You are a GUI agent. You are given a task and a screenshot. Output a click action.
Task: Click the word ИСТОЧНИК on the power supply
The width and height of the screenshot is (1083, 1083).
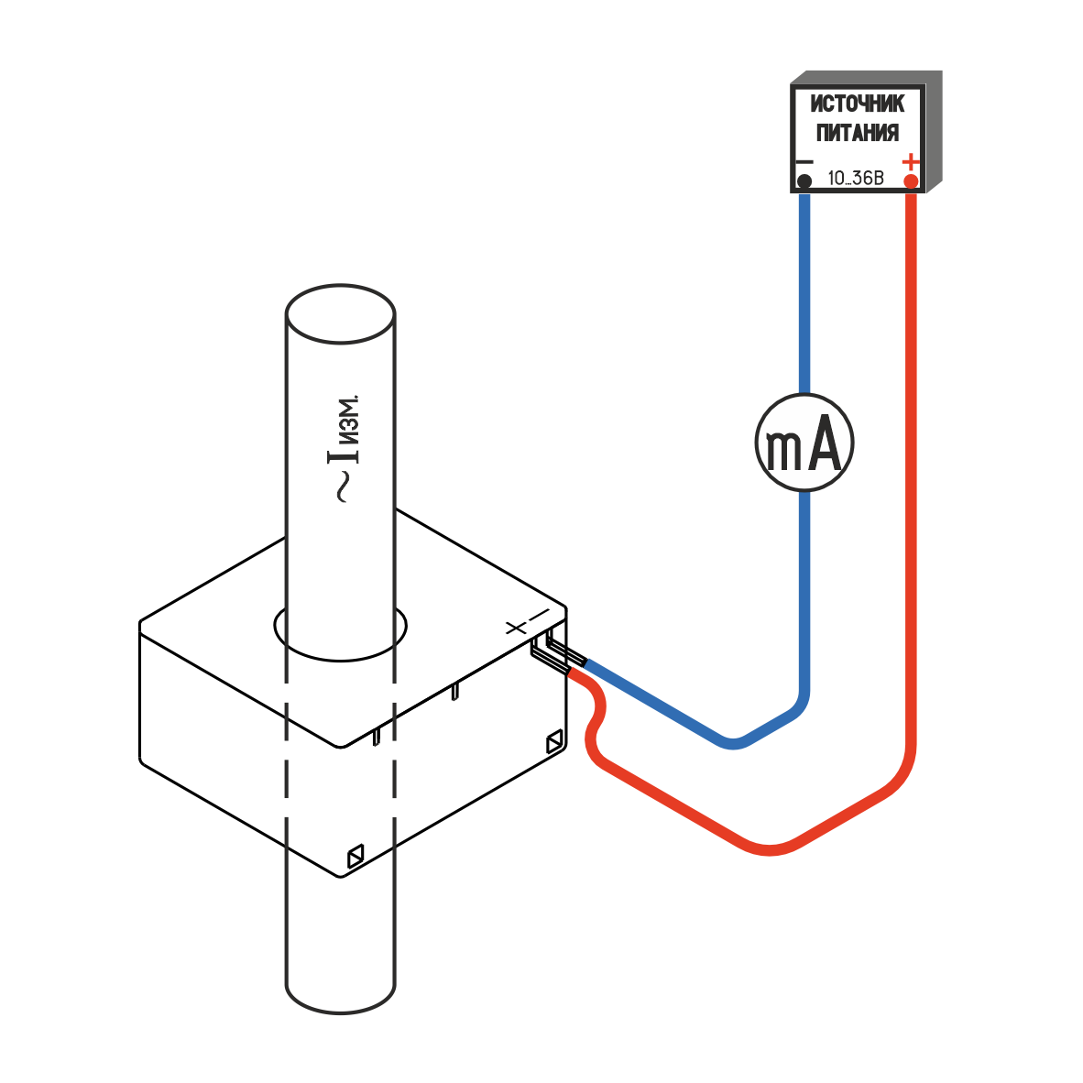pyautogui.click(x=858, y=104)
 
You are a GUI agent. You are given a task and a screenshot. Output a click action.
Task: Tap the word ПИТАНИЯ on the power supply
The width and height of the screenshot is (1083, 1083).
pyautogui.click(x=858, y=134)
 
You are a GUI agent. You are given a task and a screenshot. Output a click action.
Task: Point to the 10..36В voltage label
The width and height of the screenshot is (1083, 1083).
pyautogui.click(x=856, y=178)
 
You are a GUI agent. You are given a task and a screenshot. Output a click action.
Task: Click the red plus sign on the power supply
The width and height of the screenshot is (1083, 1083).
pyautogui.click(x=911, y=161)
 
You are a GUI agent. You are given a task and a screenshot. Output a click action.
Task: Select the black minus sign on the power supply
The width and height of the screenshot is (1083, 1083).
pyautogui.click(x=804, y=161)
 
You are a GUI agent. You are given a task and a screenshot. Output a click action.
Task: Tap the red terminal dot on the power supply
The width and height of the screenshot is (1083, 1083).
pyautogui.click(x=911, y=181)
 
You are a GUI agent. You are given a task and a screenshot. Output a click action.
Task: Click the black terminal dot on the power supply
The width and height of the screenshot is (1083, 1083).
pyautogui.click(x=804, y=181)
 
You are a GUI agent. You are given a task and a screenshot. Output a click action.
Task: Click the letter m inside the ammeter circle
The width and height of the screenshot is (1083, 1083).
pyautogui.click(x=784, y=449)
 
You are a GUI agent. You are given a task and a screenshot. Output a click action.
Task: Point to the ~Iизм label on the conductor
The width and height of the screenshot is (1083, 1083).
pyautogui.click(x=344, y=449)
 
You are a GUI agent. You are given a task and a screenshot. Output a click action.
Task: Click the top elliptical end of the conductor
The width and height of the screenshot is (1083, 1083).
pyautogui.click(x=340, y=314)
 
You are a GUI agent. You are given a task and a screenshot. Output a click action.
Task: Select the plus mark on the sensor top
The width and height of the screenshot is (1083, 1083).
pyautogui.click(x=515, y=628)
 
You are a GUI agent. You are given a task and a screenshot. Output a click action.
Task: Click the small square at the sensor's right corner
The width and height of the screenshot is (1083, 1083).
pyautogui.click(x=555, y=742)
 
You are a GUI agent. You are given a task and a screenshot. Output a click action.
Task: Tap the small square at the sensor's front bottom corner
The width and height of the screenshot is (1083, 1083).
pyautogui.click(x=356, y=857)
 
